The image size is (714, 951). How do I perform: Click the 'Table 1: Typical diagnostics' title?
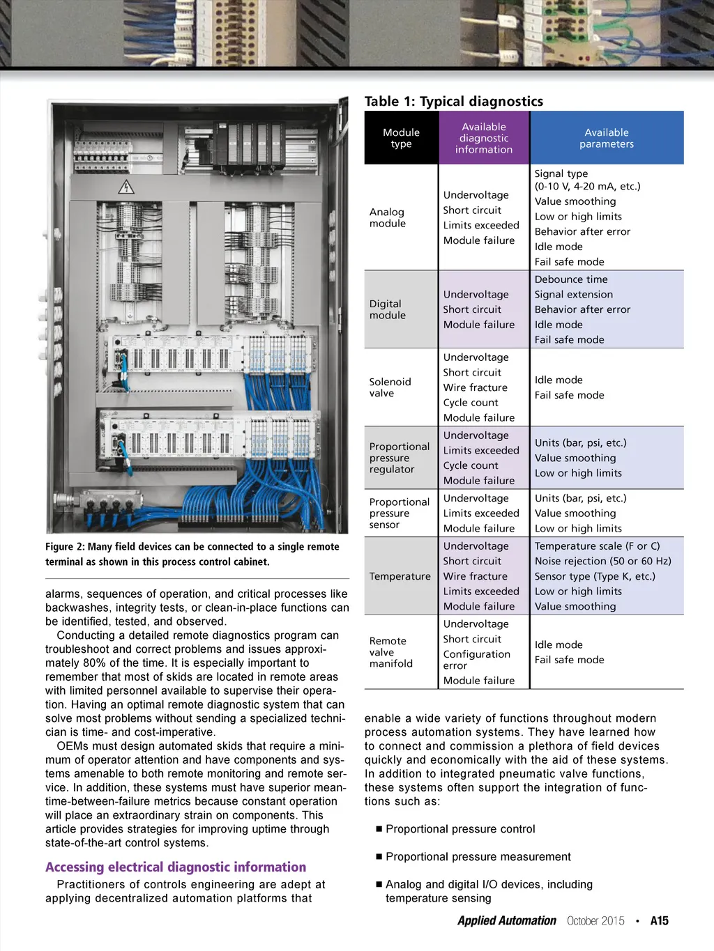pos(453,102)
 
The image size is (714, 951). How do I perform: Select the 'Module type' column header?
pos(401,138)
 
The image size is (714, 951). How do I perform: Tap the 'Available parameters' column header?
pos(607,138)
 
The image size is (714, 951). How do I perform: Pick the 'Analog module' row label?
pos(387,217)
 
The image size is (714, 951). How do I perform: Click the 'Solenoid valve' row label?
pos(390,387)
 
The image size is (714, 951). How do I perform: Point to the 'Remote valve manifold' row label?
pos(390,652)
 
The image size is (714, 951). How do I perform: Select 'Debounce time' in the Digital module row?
pos(571,279)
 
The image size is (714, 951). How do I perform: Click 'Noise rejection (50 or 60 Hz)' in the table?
pos(602,561)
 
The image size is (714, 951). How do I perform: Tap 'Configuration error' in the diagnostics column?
pos(476,659)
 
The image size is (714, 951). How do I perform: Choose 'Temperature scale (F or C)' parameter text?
pos(597,546)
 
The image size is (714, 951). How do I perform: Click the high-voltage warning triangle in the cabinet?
pos(126,187)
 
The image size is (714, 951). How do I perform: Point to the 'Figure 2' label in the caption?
pos(65,547)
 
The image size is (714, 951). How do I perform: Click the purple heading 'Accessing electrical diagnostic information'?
pos(176,867)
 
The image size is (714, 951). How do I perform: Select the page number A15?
pos(659,920)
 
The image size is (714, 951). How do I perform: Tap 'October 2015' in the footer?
pos(595,920)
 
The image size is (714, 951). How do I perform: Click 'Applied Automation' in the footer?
pos(506,920)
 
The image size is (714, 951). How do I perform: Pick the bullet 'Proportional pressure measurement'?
pos(478,856)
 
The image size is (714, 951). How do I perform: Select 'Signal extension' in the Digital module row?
pos(574,295)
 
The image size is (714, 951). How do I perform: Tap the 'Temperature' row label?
pos(400,576)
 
